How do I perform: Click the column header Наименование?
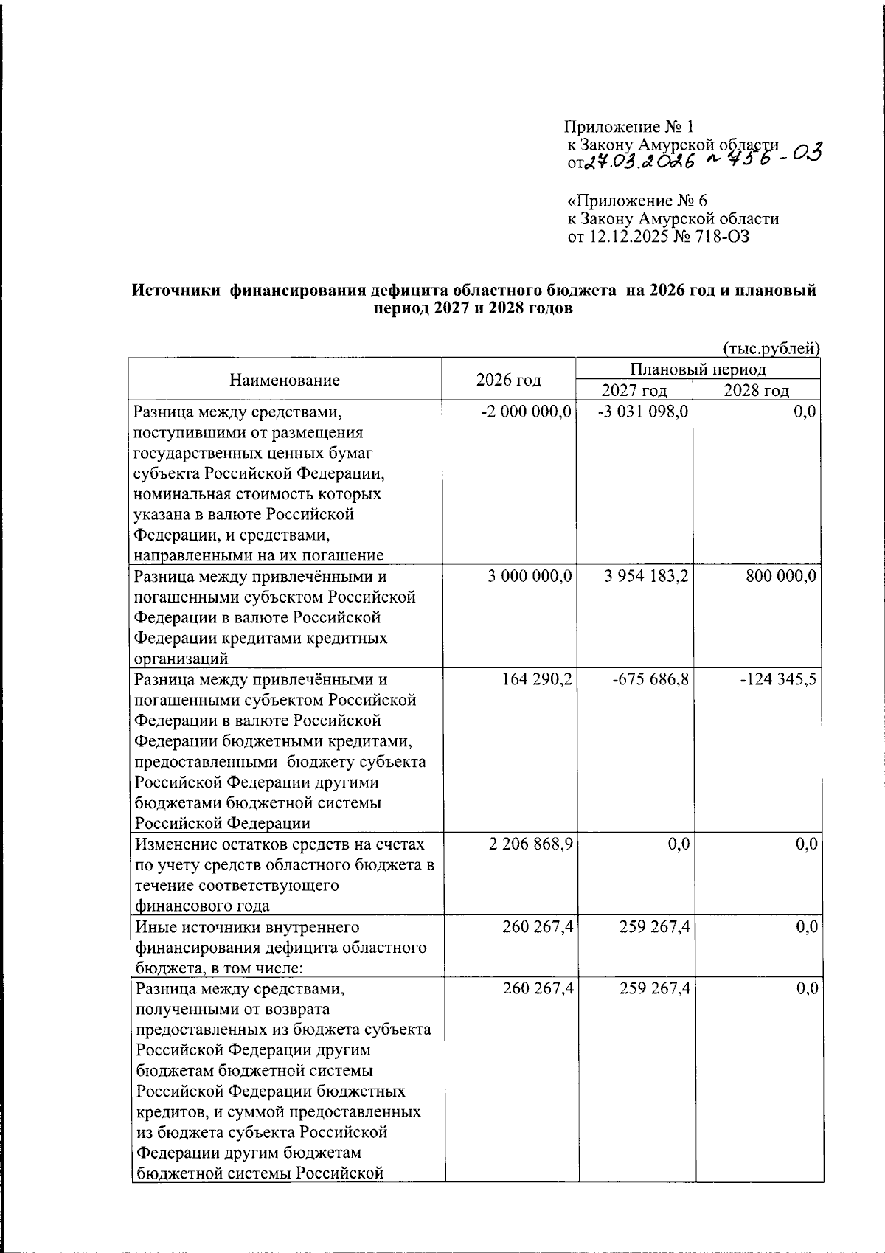coord(285,380)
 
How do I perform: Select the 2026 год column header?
coord(508,380)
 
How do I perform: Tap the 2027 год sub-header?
coord(634,390)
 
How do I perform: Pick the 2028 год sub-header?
coord(756,390)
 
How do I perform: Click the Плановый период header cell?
coord(698,369)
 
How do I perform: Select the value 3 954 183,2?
coord(646,576)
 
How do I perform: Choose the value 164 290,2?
coord(536,678)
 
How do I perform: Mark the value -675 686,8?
coord(650,678)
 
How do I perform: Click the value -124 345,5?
coord(778,678)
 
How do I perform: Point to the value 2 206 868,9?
coord(530,844)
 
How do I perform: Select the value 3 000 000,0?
coord(530,576)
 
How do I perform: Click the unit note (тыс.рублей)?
coord(771,348)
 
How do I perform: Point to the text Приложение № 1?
coord(629,127)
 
